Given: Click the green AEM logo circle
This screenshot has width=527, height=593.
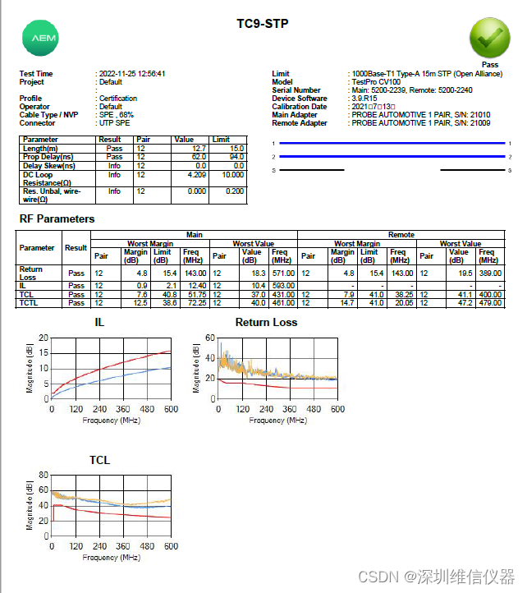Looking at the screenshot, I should [x=39, y=39].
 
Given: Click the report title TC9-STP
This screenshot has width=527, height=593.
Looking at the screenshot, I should [x=263, y=24].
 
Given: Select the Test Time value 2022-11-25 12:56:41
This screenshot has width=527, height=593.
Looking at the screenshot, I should [x=132, y=74].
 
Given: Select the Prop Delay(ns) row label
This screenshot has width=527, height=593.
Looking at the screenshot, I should [x=48, y=157].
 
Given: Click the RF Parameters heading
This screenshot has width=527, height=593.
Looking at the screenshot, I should [x=57, y=219].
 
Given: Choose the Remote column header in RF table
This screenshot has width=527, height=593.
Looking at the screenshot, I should [x=401, y=235].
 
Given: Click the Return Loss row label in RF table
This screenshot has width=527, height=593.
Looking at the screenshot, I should [x=31, y=273].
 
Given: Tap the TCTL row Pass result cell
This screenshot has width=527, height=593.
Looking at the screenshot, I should [x=76, y=303].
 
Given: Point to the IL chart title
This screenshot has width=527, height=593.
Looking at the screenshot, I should [x=100, y=323].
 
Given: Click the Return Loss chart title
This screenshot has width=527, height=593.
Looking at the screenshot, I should [x=266, y=323].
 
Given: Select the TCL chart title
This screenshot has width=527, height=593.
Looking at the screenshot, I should [x=100, y=461].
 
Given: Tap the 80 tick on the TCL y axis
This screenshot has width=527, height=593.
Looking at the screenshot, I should [x=44, y=476].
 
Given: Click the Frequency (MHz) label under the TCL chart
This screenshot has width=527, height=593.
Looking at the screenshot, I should [x=112, y=558].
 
